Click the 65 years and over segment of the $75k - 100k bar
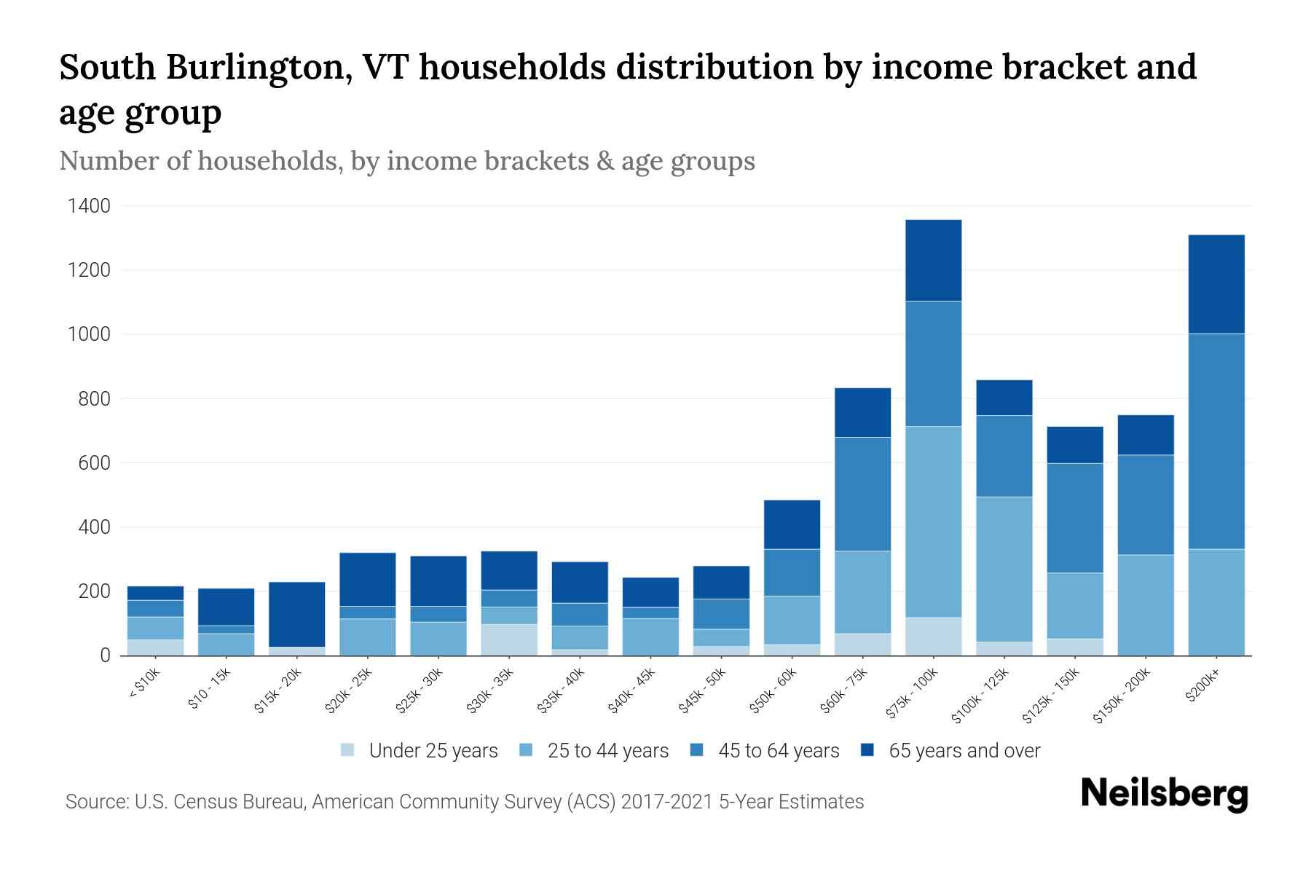click(933, 260)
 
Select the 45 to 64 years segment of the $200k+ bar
click(1216, 441)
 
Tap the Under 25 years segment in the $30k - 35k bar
click(509, 639)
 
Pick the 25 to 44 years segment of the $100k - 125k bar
click(1004, 569)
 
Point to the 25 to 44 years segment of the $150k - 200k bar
click(1145, 605)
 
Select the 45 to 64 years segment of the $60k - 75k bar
click(862, 494)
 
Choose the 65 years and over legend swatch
click(867, 750)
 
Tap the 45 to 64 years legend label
click(779, 751)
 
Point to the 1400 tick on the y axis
click(89, 206)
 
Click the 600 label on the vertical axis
click(94, 463)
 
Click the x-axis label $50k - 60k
click(775, 690)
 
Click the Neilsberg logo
click(1164, 794)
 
